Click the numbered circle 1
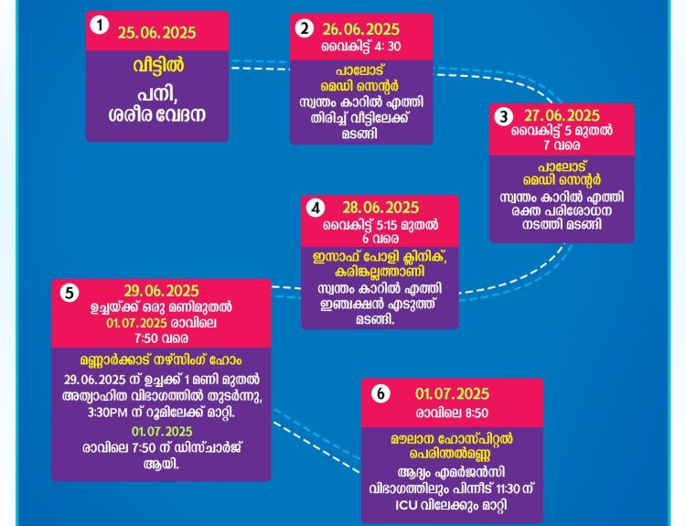(100, 26)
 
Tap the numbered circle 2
(304, 29)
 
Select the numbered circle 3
(504, 117)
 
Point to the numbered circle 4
(316, 209)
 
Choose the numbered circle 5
(70, 293)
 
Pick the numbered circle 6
(381, 394)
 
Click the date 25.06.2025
(157, 33)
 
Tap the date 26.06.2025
(361, 30)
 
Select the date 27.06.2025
(563, 116)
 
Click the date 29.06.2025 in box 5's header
(161, 291)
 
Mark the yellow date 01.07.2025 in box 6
(453, 394)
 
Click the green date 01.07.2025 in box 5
(162, 432)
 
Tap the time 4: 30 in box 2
(388, 47)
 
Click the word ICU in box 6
(406, 506)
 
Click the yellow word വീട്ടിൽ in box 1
(158, 66)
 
